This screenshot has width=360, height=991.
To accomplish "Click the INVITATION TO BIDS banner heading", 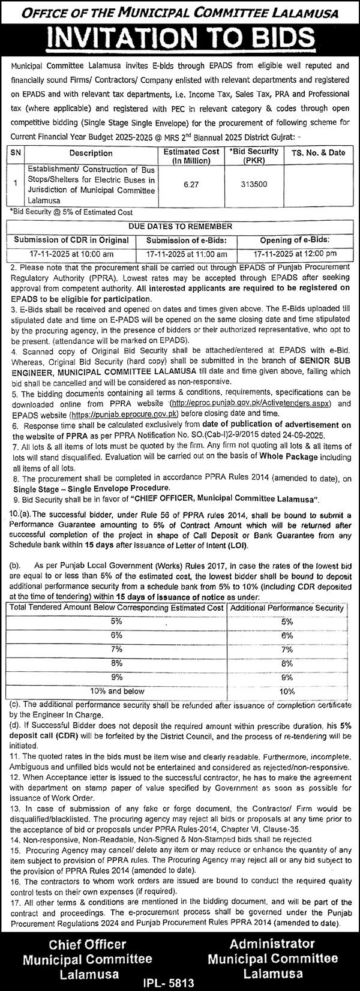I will (x=180, y=40).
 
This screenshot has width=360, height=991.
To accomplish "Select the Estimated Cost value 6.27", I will (x=191, y=186).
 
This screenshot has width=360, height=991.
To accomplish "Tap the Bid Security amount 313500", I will (x=243, y=186).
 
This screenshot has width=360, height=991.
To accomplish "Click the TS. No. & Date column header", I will (x=318, y=152).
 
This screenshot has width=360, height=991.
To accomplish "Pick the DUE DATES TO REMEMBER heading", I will (x=180, y=226).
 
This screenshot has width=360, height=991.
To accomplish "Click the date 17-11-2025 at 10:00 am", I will (x=71, y=254).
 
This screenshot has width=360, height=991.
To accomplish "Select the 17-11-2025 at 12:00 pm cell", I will (x=295, y=254).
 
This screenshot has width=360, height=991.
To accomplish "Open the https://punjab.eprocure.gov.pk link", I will (x=124, y=414).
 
